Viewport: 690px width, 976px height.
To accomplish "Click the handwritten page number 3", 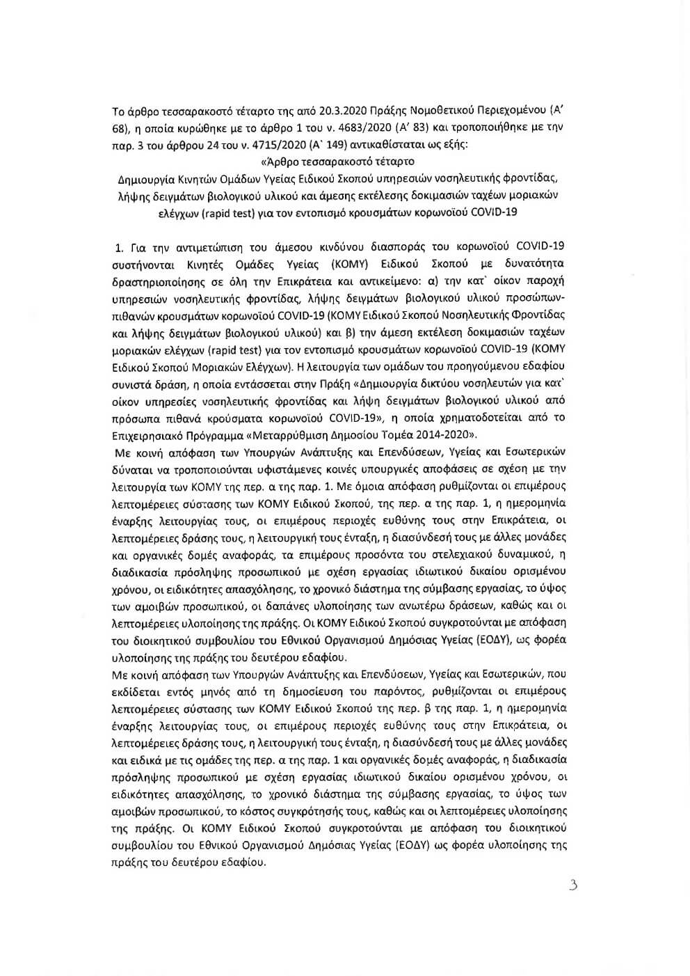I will click(x=573, y=886).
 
